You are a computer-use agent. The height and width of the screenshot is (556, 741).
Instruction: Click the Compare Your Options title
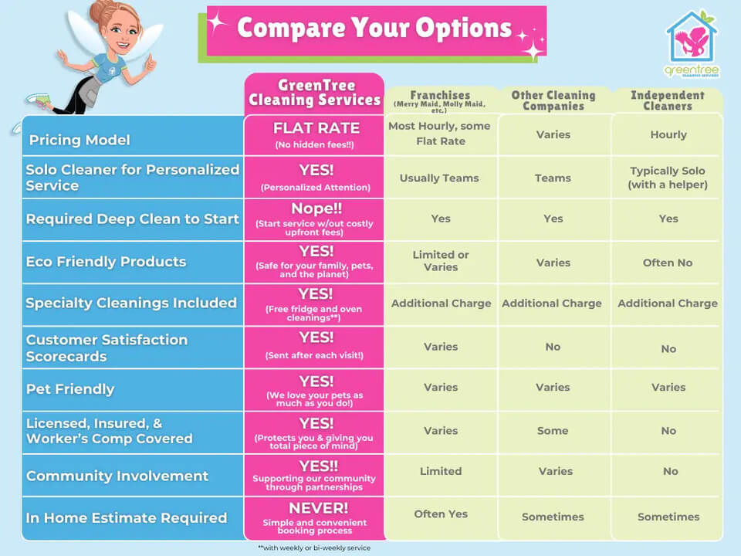click(375, 29)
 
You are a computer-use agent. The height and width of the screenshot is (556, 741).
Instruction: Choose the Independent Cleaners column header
click(668, 100)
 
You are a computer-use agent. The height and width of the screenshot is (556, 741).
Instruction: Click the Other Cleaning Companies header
click(553, 100)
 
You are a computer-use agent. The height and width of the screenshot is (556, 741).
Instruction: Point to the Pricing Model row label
click(80, 140)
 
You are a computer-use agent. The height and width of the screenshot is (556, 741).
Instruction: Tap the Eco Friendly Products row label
click(106, 261)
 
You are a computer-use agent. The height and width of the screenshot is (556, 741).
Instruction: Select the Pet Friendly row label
click(70, 389)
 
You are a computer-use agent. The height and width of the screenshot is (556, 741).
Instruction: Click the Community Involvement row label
click(117, 476)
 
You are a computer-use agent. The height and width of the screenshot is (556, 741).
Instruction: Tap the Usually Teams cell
click(439, 178)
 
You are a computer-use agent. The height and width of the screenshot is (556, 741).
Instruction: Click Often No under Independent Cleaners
click(668, 263)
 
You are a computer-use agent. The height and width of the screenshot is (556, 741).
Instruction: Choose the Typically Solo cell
click(668, 178)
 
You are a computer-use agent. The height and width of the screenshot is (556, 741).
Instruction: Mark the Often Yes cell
click(439, 514)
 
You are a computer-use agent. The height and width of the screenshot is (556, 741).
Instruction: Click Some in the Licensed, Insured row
click(553, 431)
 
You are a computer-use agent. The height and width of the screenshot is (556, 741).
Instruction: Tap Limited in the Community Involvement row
click(440, 471)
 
